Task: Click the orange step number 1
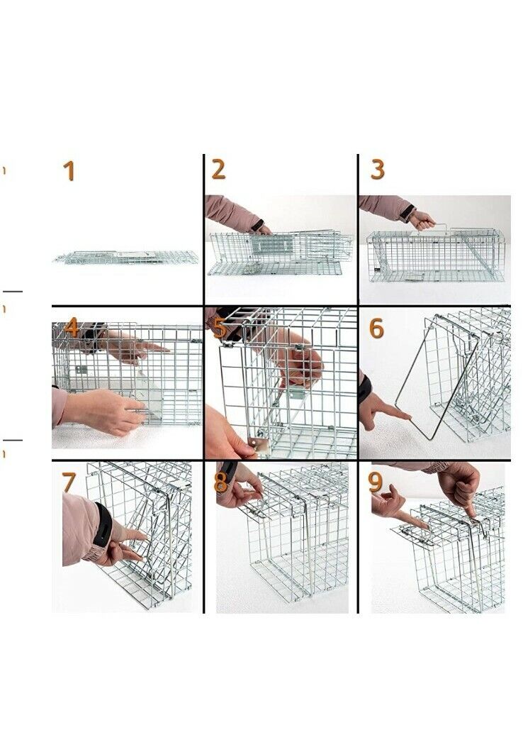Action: [69, 171]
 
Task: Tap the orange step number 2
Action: [218, 170]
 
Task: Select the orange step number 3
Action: [377, 170]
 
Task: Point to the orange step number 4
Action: [71, 326]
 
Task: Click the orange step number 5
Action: [219, 328]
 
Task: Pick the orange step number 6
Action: [376, 328]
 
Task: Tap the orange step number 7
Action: [69, 482]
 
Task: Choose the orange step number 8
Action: [220, 482]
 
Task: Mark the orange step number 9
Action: [376, 482]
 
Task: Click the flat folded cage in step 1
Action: [126, 258]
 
